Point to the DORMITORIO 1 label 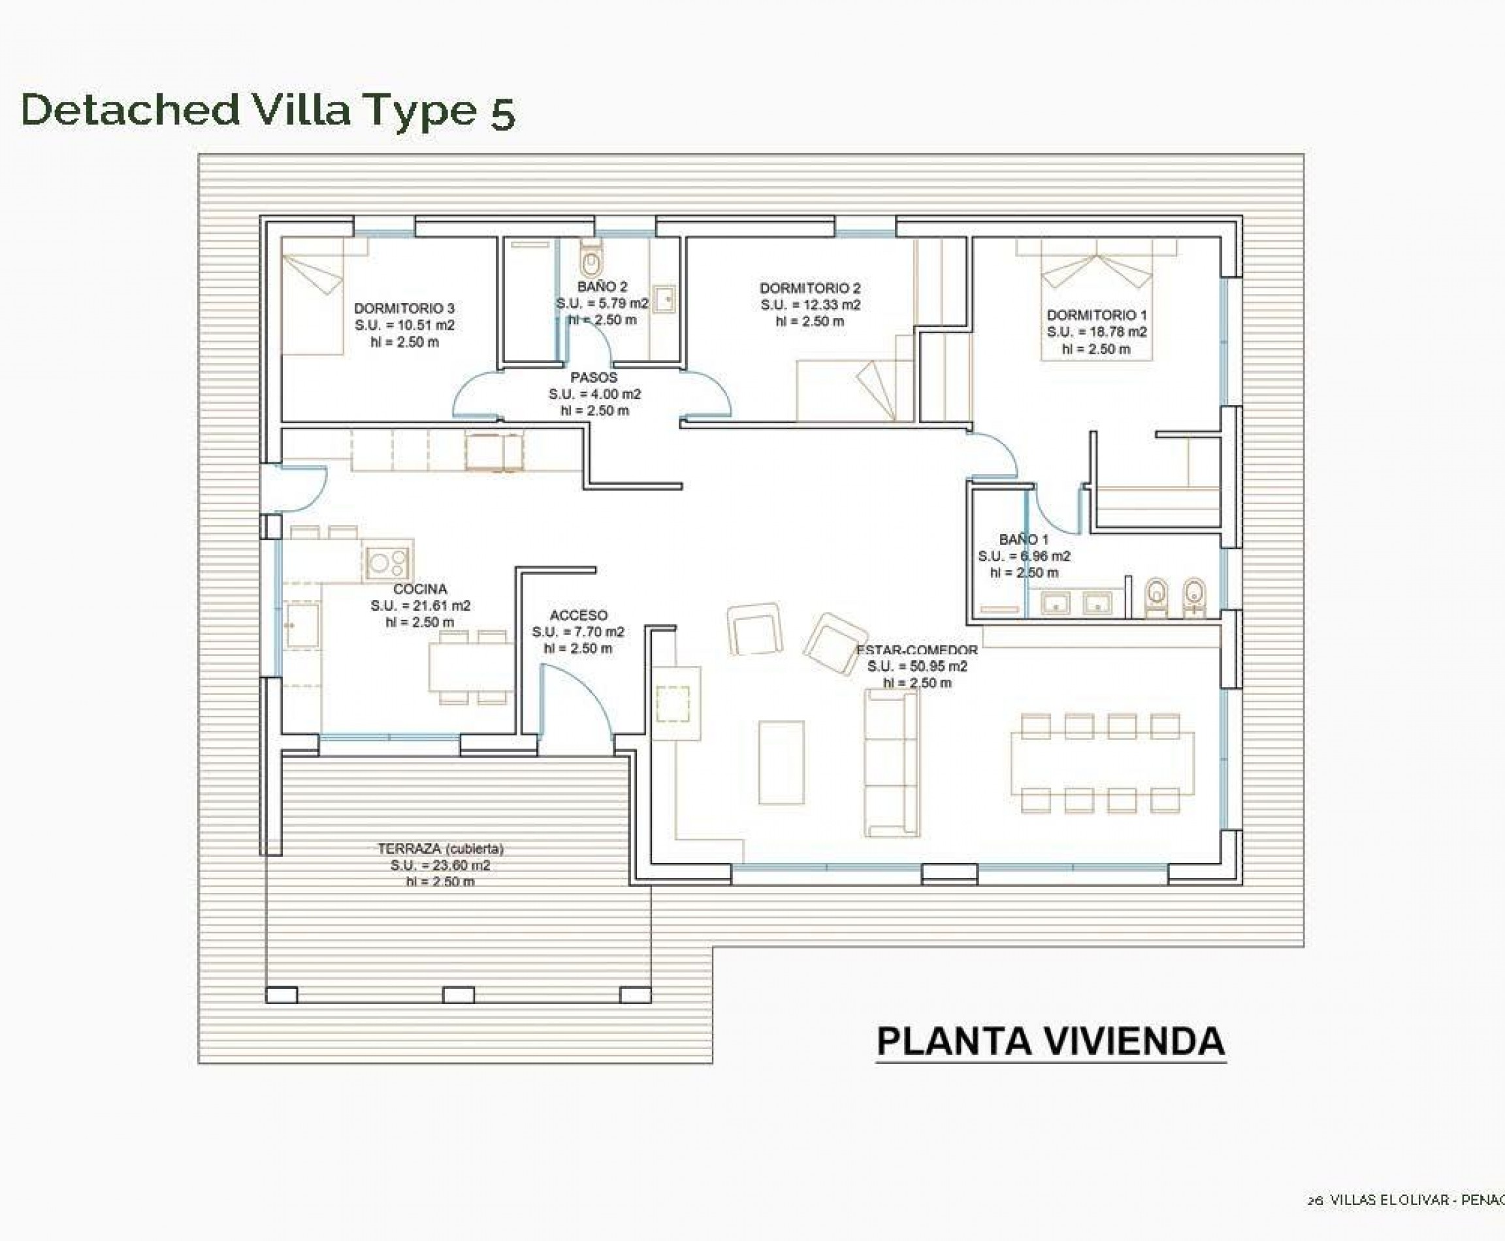click(1096, 315)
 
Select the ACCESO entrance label click(577, 615)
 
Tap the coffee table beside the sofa click(781, 762)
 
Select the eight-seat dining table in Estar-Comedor click(1102, 763)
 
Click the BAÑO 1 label click(1024, 539)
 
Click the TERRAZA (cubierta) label click(440, 848)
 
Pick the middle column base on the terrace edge click(459, 994)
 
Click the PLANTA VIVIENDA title click(1050, 1041)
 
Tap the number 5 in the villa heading click(502, 114)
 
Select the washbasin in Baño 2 click(664, 298)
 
